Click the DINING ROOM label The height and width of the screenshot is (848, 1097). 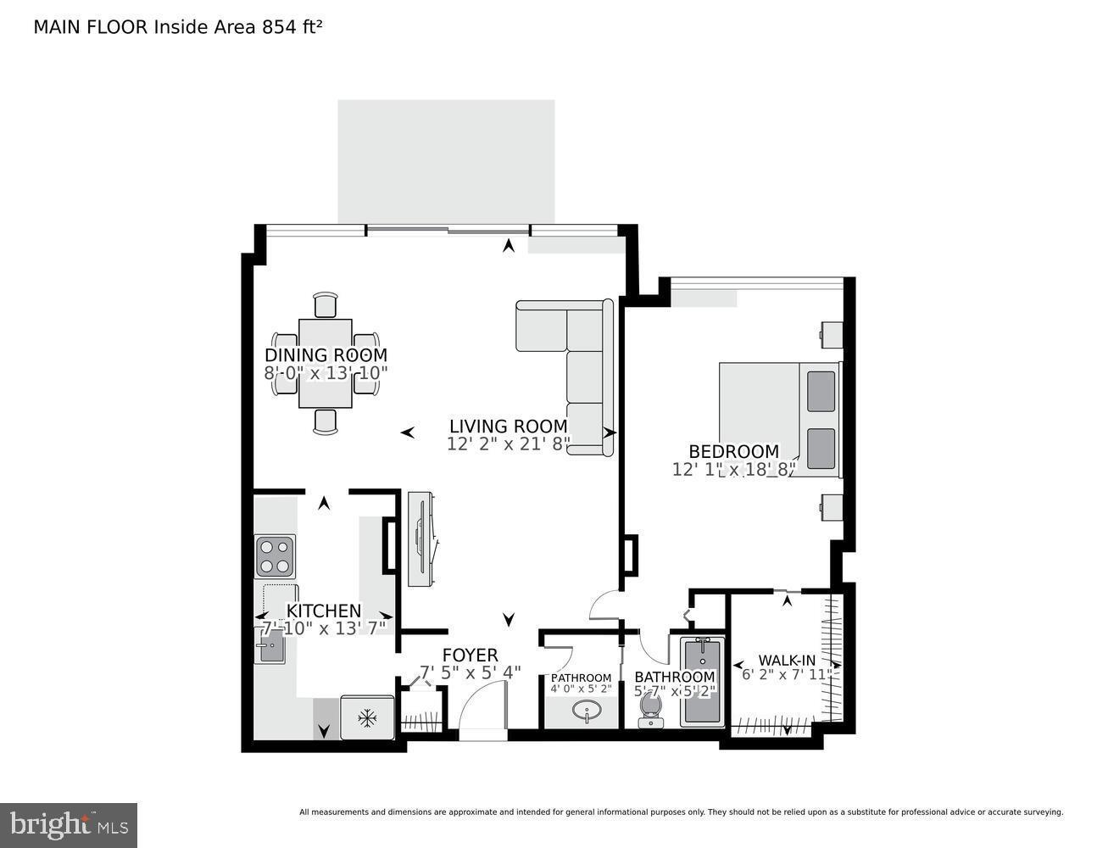tap(326, 355)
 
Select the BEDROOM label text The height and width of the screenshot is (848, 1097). tap(733, 452)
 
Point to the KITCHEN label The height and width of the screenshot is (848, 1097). tap(324, 611)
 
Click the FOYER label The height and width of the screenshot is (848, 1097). tap(470, 655)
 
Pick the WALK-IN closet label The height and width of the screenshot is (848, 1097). tap(786, 660)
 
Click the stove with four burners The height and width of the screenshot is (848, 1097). tap(275, 557)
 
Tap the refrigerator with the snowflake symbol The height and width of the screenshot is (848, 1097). tap(367, 718)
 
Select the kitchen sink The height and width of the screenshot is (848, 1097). tap(270, 650)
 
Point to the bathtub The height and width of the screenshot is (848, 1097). tap(702, 683)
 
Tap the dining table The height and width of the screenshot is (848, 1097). tap(326, 363)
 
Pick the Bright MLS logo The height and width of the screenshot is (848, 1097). tap(69, 824)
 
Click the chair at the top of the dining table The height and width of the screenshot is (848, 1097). tap(326, 304)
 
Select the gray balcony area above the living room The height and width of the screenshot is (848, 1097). tap(446, 161)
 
